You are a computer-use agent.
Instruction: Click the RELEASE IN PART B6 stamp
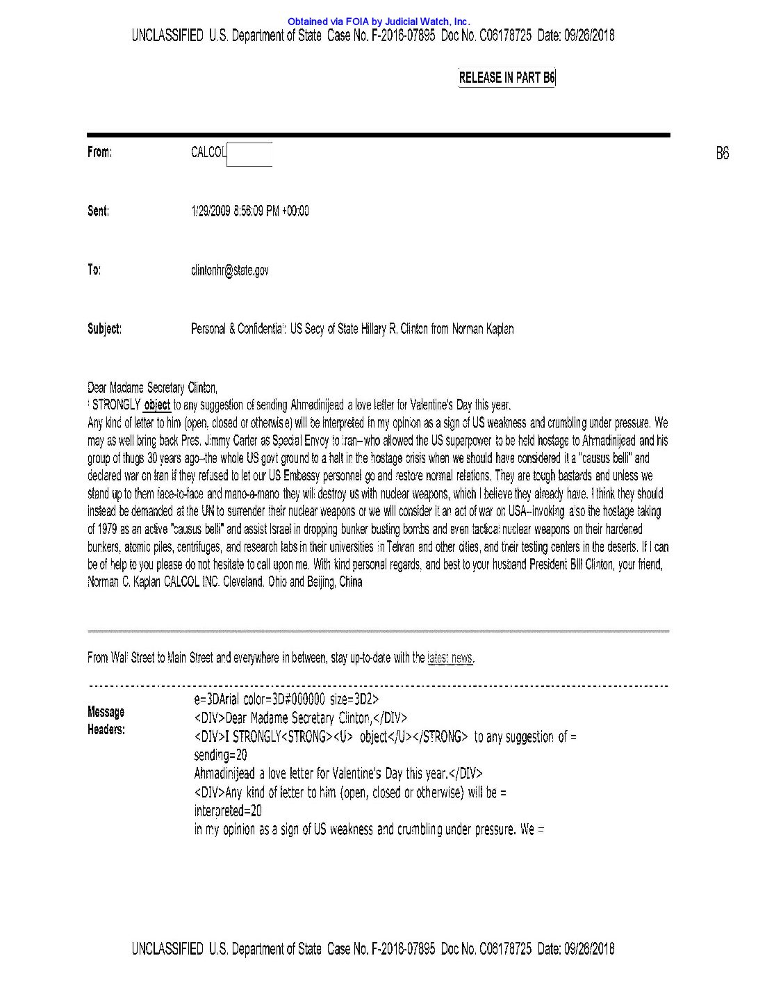(x=506, y=78)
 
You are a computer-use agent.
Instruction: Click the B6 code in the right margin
(x=722, y=153)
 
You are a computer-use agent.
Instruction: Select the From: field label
(x=99, y=152)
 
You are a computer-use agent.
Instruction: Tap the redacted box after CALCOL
(x=249, y=154)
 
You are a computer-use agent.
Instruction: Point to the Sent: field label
(x=98, y=211)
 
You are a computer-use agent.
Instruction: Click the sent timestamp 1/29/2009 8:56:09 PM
(x=249, y=211)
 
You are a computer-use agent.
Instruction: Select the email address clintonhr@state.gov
(x=229, y=270)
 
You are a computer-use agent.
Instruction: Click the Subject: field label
(x=104, y=329)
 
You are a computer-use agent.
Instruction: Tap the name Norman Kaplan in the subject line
(x=483, y=329)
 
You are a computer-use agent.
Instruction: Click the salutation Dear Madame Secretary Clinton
(x=152, y=388)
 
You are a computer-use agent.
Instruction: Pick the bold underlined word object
(x=157, y=405)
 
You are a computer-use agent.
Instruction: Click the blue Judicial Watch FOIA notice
(x=379, y=22)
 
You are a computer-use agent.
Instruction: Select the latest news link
(x=451, y=658)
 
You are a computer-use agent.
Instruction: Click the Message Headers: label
(x=106, y=720)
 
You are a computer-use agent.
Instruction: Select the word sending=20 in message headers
(x=220, y=755)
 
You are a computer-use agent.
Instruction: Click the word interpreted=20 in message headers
(x=228, y=811)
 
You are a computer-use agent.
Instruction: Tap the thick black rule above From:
(x=378, y=135)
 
